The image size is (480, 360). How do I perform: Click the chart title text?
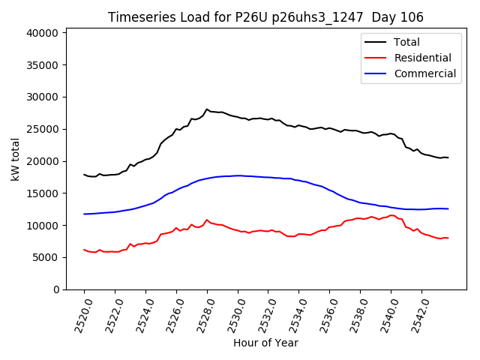point(265,17)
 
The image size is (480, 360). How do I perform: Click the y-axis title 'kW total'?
point(16,159)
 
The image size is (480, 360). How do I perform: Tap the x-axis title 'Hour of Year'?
point(265,343)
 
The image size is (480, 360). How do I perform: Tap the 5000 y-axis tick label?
point(46,257)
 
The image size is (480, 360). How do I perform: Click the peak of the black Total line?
point(207,109)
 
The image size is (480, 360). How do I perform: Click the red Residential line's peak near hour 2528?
point(207,220)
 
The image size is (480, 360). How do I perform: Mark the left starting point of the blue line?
point(84,214)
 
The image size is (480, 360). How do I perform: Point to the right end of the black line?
point(448,157)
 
